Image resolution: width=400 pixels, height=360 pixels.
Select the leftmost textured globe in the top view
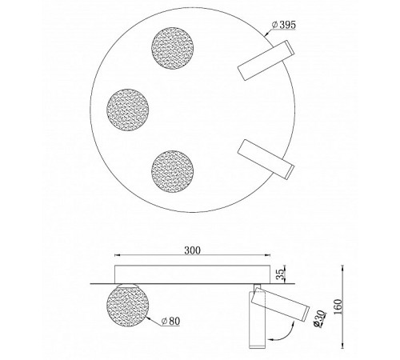tap(127, 104)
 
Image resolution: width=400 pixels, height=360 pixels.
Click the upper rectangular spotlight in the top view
tap(266, 63)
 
